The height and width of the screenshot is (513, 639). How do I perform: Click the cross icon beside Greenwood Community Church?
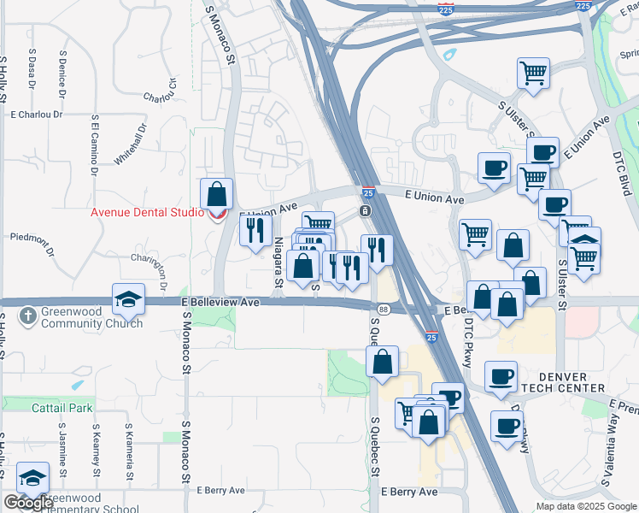click(27, 317)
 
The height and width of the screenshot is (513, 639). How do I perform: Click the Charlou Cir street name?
click(160, 91)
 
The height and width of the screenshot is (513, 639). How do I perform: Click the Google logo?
click(29, 503)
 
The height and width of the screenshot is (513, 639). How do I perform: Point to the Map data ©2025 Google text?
click(585, 506)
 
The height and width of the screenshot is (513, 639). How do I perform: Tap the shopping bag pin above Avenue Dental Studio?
click(217, 193)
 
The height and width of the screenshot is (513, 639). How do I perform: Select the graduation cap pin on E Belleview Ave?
click(128, 298)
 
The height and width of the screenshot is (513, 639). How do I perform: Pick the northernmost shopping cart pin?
click(533, 73)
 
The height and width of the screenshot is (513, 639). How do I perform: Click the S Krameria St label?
click(128, 451)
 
